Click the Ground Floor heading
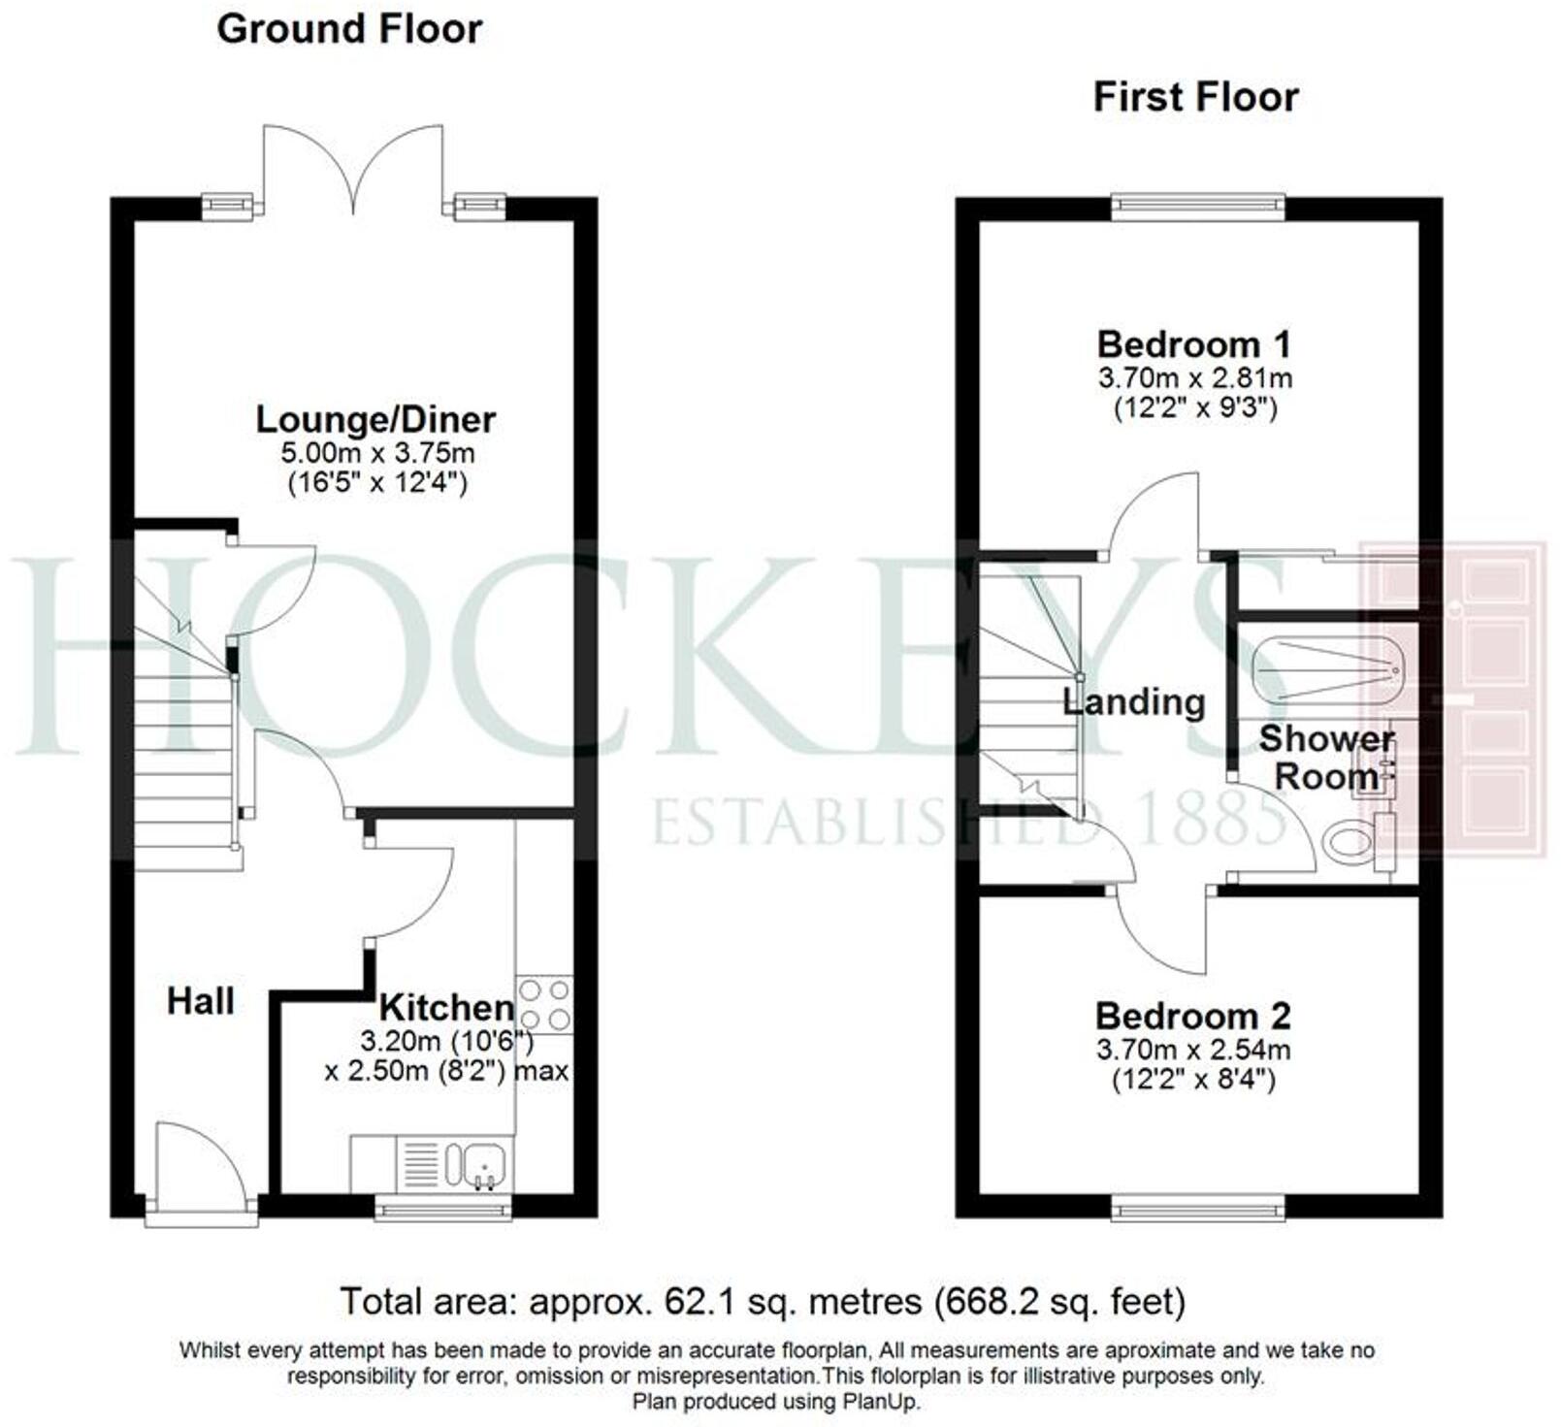coord(349,29)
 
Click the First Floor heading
coord(1195,97)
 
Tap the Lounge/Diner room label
coord(375,420)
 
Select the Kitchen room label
coord(445,1007)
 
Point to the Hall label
coord(201,1000)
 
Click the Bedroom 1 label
coord(1193,344)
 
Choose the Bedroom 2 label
coord(1192,1017)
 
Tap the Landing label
coord(1133,701)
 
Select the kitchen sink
coord(482,1162)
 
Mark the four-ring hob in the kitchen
coord(544,1005)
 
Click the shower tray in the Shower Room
coord(1325,669)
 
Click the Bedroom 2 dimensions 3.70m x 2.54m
coord(1192,1049)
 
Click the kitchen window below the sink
coord(443,1208)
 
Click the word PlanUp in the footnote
coord(879,1401)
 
